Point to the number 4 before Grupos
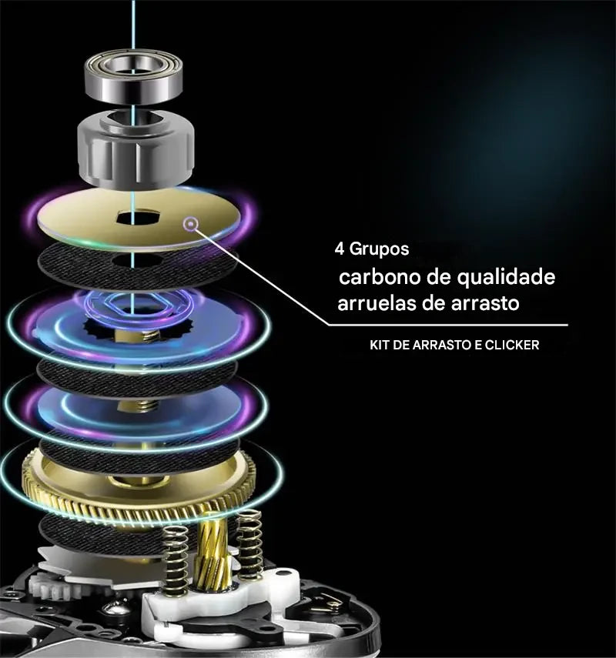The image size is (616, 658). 339,250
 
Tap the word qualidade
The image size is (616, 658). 508,277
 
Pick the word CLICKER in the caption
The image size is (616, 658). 512,346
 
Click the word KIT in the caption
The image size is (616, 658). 381,346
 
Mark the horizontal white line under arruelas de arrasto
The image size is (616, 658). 447,325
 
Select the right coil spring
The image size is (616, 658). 249,543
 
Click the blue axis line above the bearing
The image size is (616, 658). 132,23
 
